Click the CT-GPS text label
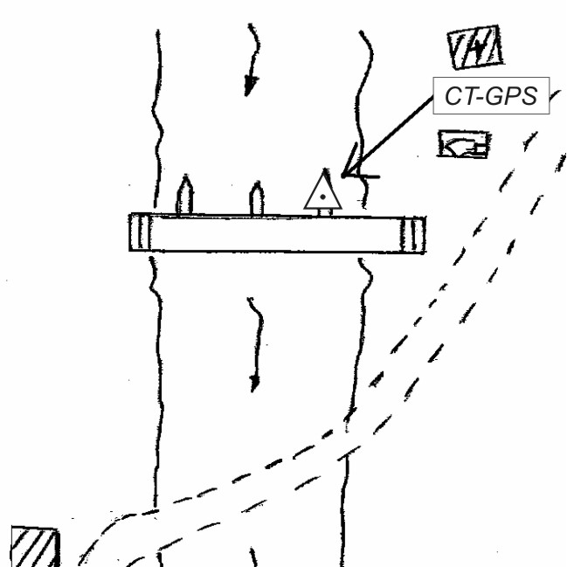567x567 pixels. tap(490, 96)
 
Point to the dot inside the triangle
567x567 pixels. tap(323, 198)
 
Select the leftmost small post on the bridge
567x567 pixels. tap(184, 197)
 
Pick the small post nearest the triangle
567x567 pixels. tap(257, 198)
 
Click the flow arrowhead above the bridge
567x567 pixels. tap(251, 86)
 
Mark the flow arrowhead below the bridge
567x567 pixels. tap(254, 381)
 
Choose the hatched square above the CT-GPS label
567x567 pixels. tap(475, 49)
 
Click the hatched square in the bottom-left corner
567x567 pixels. tap(36, 548)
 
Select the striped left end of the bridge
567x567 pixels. tap(141, 232)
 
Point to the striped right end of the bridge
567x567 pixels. tap(414, 233)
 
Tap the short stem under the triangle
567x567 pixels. tap(323, 211)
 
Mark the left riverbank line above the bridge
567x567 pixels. tap(158, 122)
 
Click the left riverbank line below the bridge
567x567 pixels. tap(157, 367)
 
